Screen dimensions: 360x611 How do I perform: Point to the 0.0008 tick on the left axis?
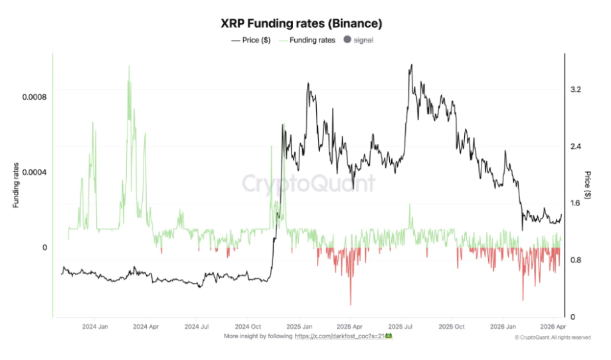pos(35,97)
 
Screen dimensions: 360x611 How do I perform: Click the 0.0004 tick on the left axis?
pos(35,172)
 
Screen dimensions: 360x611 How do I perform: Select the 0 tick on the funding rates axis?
pos(45,248)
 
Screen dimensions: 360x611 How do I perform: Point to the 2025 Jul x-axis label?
pos(400,327)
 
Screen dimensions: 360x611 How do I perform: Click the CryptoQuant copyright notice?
pos(553,337)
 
